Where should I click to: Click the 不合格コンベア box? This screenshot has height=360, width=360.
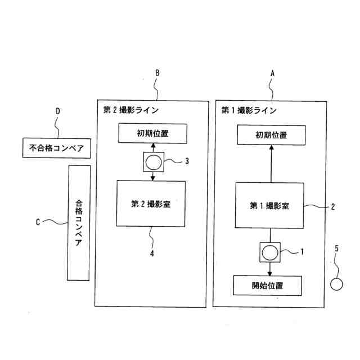[x=56, y=148]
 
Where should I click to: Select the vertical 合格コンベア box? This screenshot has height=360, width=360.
[x=78, y=223]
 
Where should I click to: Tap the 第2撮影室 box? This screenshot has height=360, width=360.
[x=151, y=204]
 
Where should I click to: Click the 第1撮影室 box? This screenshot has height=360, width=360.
[x=270, y=205]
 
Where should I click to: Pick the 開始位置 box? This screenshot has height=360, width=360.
[x=268, y=286]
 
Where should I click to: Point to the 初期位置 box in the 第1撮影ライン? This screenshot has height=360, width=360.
[x=271, y=135]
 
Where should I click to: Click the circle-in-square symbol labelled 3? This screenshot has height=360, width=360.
[x=154, y=163]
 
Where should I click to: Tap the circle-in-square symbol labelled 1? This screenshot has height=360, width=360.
[x=271, y=251]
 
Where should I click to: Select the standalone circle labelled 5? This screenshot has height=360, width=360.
[x=336, y=284]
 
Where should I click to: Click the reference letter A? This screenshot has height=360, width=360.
[x=273, y=73]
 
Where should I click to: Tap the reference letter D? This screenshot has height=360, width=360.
[x=57, y=111]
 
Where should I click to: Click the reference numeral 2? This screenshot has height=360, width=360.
[x=333, y=206]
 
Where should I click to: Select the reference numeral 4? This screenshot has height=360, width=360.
[x=151, y=254]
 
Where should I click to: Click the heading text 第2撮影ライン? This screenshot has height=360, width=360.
[x=130, y=110]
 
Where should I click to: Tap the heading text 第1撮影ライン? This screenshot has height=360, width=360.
[x=248, y=110]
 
